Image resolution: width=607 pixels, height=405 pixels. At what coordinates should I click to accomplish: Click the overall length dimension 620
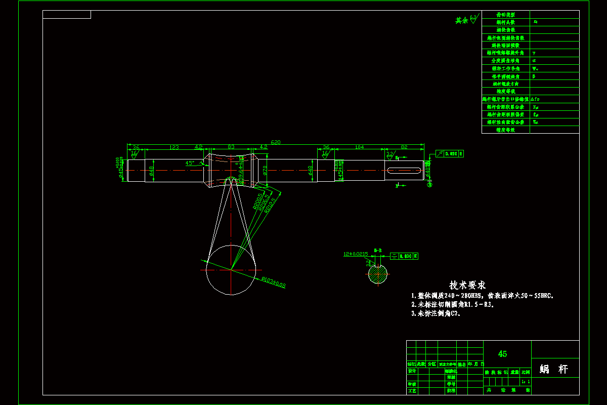coord(276,142)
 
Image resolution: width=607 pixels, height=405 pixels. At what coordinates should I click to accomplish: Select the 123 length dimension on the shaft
coord(174,147)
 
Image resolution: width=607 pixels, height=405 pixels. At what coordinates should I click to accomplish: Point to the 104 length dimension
coord(359,147)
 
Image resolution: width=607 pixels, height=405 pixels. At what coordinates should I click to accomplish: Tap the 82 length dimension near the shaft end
coord(404,147)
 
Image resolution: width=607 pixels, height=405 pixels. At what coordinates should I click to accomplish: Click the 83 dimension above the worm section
coord(231,147)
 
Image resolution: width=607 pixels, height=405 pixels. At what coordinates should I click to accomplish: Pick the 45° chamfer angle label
coord(190,163)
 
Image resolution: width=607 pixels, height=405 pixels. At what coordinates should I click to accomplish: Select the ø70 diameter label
coord(264,171)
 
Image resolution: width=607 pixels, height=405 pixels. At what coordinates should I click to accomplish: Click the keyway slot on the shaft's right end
coord(404,171)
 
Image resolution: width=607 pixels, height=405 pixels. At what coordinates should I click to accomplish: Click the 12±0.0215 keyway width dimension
coord(356,254)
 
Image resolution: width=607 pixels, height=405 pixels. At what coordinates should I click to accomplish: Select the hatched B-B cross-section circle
coord(377,274)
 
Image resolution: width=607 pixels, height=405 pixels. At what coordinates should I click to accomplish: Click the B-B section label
coord(377,250)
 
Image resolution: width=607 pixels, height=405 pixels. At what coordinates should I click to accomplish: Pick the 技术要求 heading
coord(467,286)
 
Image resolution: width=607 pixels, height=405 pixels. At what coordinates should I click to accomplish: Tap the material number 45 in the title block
coord(502,354)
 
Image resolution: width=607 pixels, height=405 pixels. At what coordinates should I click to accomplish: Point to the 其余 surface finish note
coord(461,21)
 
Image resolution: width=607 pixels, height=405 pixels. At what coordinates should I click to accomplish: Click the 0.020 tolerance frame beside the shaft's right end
coord(450,153)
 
